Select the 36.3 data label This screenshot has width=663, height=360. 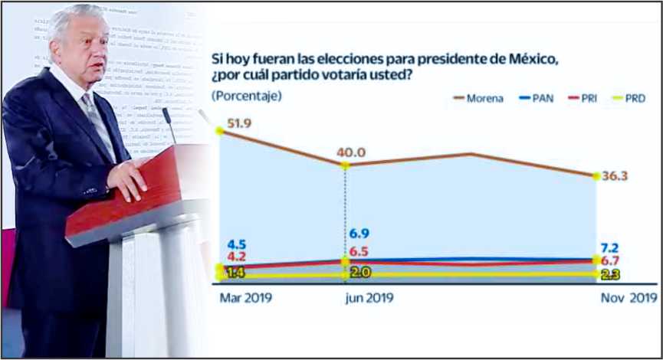(615, 175)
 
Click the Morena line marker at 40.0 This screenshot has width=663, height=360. (345, 165)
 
